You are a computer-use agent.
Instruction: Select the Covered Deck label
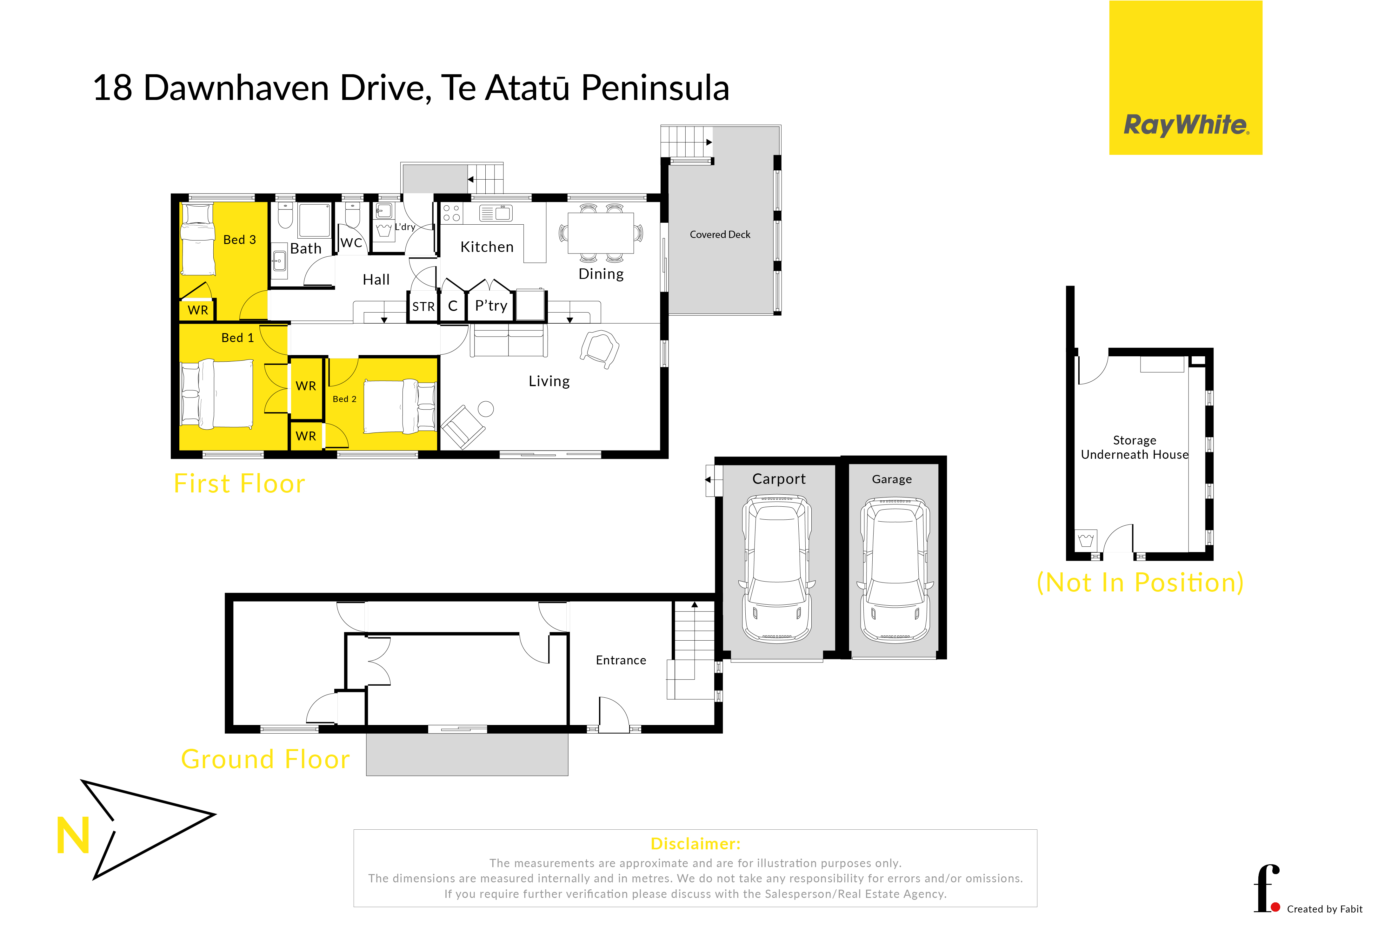720,234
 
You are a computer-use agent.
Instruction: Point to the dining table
600,233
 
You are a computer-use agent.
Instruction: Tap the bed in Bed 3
197,239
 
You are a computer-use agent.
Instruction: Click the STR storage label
423,307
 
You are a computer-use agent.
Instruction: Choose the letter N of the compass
73,835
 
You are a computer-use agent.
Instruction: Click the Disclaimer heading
695,844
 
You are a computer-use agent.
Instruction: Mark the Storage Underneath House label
1135,447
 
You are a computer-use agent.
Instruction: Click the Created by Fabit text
1325,909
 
